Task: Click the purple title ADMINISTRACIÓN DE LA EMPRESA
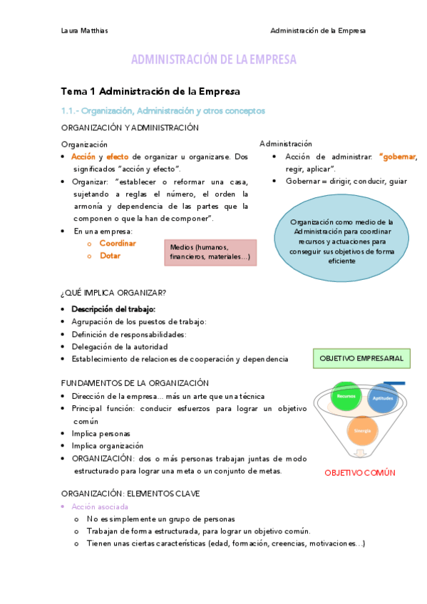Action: point(213,60)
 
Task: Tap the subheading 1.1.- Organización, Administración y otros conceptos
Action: point(163,111)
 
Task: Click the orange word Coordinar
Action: point(118,243)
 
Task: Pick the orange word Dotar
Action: point(110,256)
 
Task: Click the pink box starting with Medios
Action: point(210,252)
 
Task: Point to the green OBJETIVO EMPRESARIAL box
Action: point(361,358)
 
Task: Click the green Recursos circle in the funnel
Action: point(346,396)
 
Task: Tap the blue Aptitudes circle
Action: point(384,399)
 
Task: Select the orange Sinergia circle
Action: point(363,432)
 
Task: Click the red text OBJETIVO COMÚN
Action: point(360,472)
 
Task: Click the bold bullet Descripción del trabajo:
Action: point(113,309)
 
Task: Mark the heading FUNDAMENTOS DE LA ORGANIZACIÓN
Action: point(135,382)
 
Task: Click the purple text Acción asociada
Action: point(100,506)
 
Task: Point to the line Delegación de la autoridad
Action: point(118,347)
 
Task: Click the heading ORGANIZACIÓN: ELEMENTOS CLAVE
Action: point(130,493)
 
